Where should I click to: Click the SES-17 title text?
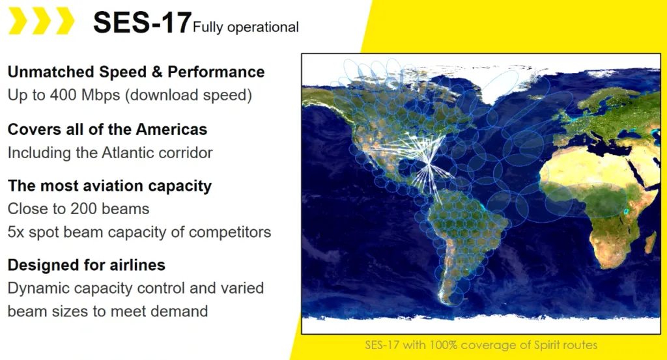142,23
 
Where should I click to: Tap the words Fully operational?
246,27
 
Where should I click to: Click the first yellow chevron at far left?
18,20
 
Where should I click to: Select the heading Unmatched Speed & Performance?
136,72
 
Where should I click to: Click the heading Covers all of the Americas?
107,129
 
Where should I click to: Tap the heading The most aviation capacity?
109,186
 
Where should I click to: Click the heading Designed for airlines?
87,265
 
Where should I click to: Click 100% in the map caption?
443,344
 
